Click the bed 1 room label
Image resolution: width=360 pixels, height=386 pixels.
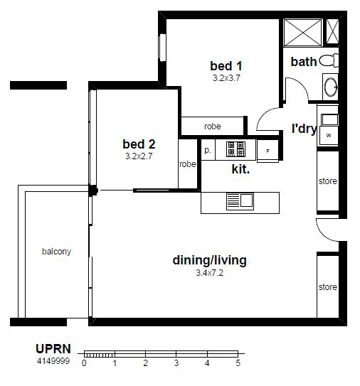point(226,66)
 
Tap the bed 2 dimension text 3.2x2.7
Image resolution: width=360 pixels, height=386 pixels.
point(139,156)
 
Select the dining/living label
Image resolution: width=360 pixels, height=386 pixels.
point(209,260)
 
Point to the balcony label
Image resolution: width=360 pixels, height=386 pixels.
point(56,252)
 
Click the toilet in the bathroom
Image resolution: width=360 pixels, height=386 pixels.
point(329,60)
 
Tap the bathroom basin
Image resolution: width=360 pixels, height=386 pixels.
point(331,87)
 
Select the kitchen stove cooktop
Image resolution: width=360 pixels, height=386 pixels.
point(235,149)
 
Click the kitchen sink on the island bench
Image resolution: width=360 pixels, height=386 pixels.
point(240,201)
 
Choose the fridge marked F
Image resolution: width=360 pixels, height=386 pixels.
point(268,151)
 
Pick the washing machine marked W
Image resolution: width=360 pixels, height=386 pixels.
point(329,135)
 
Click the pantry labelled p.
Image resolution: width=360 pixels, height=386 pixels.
point(208,150)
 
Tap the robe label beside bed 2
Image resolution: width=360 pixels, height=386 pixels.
point(188,164)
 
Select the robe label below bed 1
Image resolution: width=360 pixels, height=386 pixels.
point(213,127)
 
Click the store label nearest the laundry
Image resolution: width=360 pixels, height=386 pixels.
point(327,181)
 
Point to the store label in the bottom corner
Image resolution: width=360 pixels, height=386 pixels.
point(327,287)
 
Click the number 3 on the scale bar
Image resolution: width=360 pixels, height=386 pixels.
point(176,363)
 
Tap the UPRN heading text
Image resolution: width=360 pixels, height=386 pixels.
point(53,349)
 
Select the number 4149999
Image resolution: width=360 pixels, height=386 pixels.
point(53,361)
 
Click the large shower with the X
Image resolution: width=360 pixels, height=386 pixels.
point(303,33)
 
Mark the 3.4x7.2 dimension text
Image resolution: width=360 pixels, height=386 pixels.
point(209,273)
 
